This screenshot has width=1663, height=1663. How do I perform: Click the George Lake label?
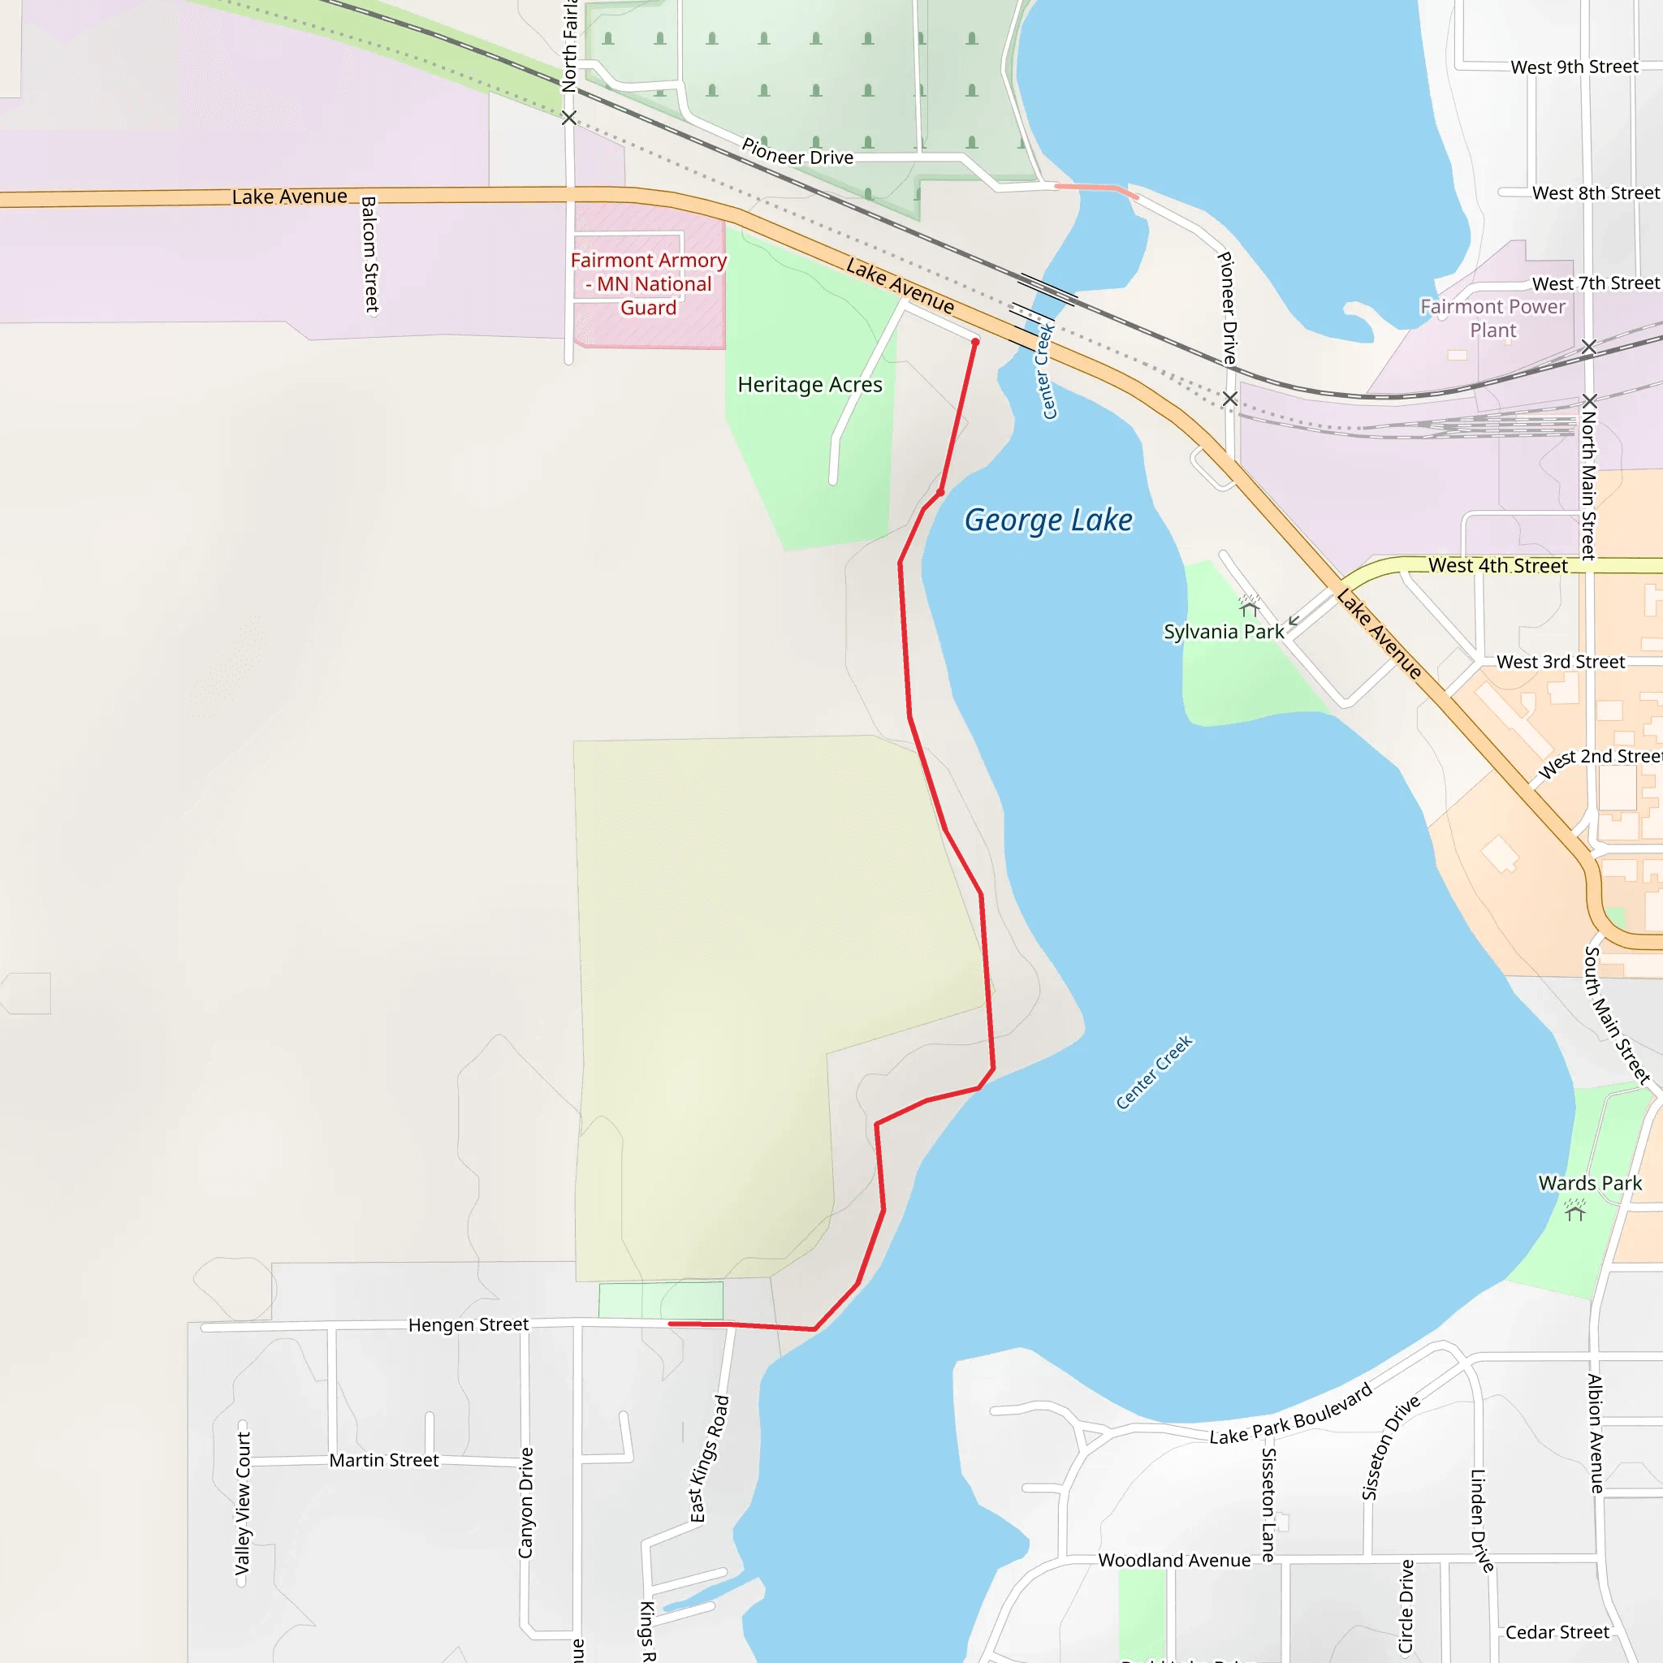coord(1047,520)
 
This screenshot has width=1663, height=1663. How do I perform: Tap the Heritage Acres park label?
coord(809,385)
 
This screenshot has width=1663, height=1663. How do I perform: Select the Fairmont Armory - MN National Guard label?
coord(648,284)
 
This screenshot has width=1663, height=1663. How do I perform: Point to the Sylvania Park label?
coord(1223,632)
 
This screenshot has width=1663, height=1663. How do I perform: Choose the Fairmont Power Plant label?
coord(1492,318)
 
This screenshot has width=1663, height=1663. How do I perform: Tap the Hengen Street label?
coord(469,1324)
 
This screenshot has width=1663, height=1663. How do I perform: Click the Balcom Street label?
coord(369,255)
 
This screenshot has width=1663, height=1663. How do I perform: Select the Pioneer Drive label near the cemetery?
coord(797,153)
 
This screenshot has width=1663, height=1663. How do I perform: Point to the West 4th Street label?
coord(1497,565)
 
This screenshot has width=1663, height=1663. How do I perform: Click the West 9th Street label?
coord(1574,67)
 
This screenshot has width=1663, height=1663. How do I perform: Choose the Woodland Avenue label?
coord(1174,1561)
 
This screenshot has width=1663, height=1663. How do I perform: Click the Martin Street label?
coord(384,1460)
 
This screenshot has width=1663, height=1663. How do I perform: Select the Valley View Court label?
coord(243,1503)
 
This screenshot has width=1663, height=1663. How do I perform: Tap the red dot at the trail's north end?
coord(975,343)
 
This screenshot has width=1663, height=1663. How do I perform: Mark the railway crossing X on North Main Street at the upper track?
coord(1589,347)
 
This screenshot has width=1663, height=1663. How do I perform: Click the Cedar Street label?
coord(1557,1632)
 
